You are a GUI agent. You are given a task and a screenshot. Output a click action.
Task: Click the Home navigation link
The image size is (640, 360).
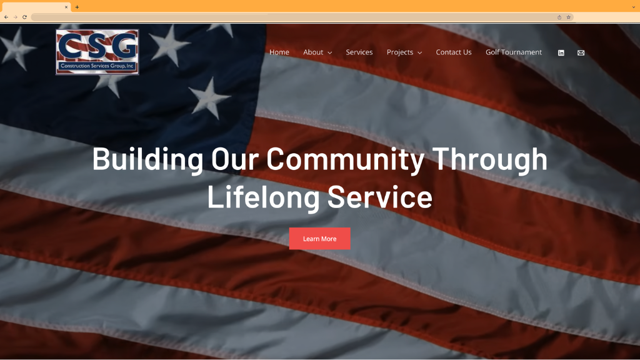[279, 52]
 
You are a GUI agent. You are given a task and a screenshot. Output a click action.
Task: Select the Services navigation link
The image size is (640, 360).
[359, 52]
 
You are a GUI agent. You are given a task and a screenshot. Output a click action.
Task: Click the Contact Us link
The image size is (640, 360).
[453, 52]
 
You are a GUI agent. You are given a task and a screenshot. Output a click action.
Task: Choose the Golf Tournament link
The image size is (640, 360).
[513, 52]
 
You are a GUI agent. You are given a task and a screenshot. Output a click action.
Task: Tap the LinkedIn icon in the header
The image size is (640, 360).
[561, 53]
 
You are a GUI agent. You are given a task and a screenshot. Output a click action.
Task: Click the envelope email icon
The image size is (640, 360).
[581, 53]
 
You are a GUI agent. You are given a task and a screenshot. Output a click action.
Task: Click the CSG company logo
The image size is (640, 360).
[97, 52]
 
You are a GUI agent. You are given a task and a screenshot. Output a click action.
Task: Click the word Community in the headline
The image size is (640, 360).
[346, 159]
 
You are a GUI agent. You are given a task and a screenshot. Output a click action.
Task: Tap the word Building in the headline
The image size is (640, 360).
[147, 159]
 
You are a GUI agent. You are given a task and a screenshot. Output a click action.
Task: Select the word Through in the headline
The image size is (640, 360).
[490, 159]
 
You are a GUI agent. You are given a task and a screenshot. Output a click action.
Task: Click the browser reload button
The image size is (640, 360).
[24, 17]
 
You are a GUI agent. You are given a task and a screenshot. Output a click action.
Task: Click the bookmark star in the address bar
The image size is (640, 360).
[568, 17]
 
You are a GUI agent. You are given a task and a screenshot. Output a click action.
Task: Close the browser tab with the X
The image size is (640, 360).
[66, 7]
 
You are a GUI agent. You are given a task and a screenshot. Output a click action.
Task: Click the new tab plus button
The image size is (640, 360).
[77, 7]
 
